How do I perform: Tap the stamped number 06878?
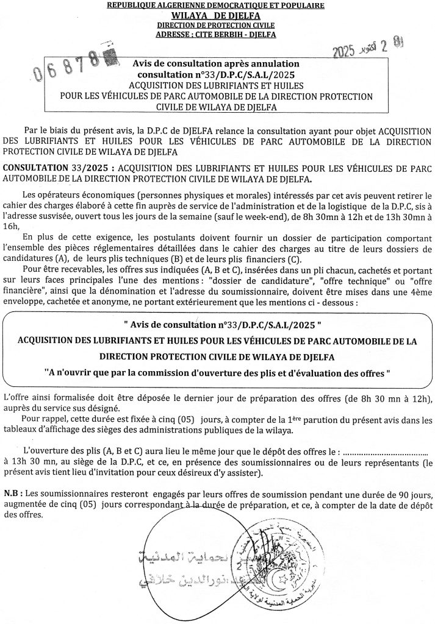click(x=67, y=66)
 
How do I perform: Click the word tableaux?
click(x=22, y=430)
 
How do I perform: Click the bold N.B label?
click(x=12, y=493)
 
